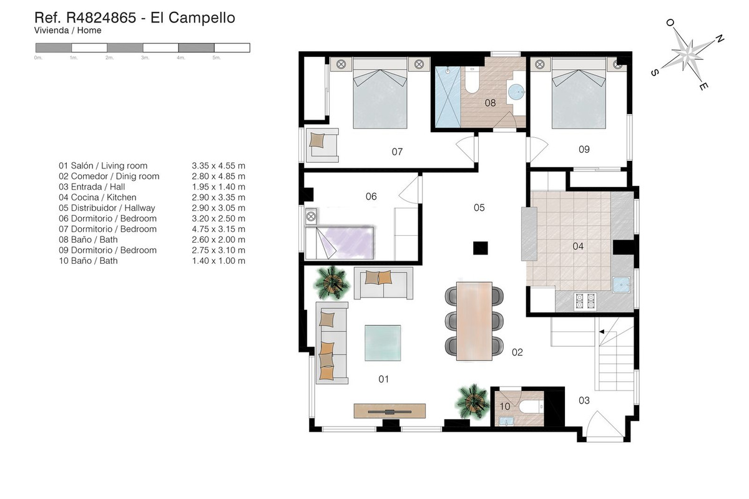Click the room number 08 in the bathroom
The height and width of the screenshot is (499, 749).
(x=490, y=103)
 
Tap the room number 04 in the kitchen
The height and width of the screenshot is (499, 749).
(x=578, y=246)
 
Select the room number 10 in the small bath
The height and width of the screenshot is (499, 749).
(x=505, y=407)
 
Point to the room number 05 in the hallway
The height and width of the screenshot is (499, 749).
(x=479, y=208)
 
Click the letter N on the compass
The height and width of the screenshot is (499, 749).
(x=719, y=39)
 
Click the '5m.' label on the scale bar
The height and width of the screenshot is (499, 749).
(x=217, y=57)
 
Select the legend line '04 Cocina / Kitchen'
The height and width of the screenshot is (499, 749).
(x=97, y=197)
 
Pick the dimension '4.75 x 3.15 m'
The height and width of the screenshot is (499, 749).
(x=218, y=229)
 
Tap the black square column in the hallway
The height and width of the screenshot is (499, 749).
(x=479, y=248)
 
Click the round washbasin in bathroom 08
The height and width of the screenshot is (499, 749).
(x=517, y=94)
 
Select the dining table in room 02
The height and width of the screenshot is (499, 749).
(x=474, y=321)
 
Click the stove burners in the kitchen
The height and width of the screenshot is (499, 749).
(x=585, y=302)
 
